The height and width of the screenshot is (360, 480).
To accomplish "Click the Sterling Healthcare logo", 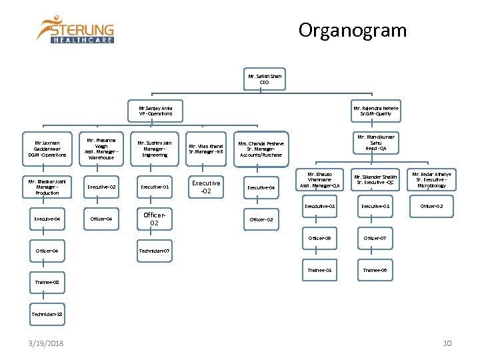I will pyautogui.click(x=75, y=29).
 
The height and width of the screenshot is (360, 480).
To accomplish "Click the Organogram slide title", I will pyautogui.click(x=352, y=31).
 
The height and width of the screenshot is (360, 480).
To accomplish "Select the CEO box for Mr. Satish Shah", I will pyautogui.click(x=265, y=79).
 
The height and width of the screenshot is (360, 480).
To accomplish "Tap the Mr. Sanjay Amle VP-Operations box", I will pyautogui.click(x=155, y=111).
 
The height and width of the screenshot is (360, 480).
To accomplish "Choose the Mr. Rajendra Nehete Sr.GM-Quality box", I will pyautogui.click(x=376, y=111).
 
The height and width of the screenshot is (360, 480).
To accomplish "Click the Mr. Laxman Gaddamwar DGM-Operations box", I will pyautogui.click(x=47, y=149).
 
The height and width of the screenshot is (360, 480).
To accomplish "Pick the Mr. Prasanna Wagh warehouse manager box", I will pyautogui.click(x=101, y=149).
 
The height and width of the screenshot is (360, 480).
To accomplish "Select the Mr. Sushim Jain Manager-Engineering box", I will pyautogui.click(x=155, y=149).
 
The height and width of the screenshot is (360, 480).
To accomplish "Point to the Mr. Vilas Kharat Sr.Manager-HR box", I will pyautogui.click(x=206, y=149).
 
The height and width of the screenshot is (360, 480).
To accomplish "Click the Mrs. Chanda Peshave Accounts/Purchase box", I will pyautogui.click(x=261, y=149).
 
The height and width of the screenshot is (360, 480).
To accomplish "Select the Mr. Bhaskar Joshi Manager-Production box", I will pyautogui.click(x=47, y=187).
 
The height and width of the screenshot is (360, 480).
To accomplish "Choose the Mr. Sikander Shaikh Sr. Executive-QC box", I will pyautogui.click(x=375, y=180).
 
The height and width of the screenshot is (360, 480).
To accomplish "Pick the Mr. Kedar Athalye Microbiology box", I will pyautogui.click(x=431, y=180).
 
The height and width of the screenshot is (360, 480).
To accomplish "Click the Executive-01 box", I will pyautogui.click(x=155, y=187).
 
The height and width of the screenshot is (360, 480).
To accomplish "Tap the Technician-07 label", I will pyautogui.click(x=155, y=251).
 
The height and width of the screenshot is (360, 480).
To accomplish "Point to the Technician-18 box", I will pyautogui.click(x=47, y=313).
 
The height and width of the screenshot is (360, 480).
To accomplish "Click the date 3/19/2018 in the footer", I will pyautogui.click(x=47, y=343).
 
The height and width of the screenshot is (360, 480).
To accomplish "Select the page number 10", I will pyautogui.click(x=447, y=343).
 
